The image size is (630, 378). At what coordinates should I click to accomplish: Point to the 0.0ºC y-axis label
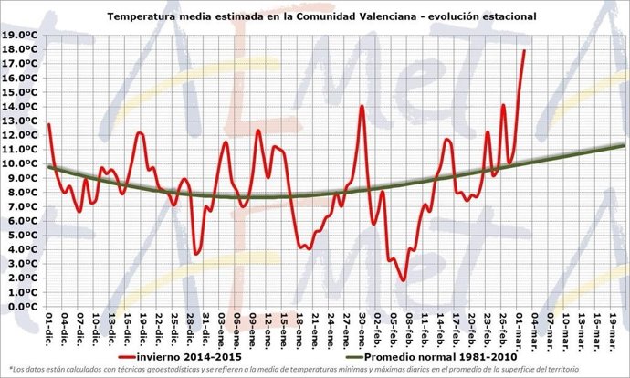pos(22,307)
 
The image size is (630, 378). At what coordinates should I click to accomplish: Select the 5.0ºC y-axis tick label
pos(22,236)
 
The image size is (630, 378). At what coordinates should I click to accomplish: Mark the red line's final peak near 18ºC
pos(524,50)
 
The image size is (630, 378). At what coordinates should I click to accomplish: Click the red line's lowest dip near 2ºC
pos(403,280)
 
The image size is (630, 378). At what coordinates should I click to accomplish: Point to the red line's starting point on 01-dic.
pos(48,124)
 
